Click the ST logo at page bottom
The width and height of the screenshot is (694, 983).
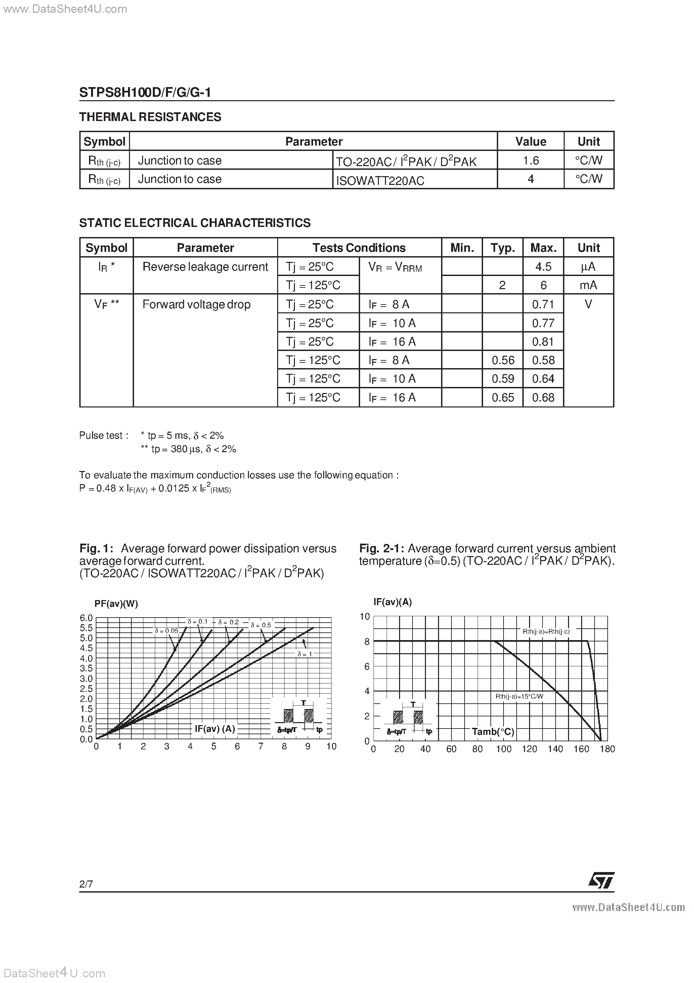pyautogui.click(x=601, y=880)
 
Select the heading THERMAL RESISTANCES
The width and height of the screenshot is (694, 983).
pyautogui.click(x=150, y=117)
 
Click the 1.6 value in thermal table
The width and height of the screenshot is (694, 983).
pyautogui.click(x=530, y=161)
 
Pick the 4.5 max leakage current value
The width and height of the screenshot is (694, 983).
pyautogui.click(x=543, y=267)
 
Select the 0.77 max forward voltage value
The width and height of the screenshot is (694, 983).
pyautogui.click(x=543, y=323)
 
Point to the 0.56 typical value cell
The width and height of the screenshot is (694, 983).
pyautogui.click(x=503, y=360)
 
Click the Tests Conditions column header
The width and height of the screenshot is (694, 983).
pyautogui.click(x=358, y=248)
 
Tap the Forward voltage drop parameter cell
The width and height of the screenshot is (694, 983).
pyautogui.click(x=197, y=304)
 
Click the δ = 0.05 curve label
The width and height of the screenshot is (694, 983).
pyautogui.click(x=166, y=631)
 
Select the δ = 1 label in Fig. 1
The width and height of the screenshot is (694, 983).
pyautogui.click(x=305, y=654)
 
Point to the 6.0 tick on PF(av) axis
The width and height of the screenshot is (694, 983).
pyautogui.click(x=86, y=618)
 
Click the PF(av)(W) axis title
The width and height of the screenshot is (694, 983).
pyautogui.click(x=116, y=604)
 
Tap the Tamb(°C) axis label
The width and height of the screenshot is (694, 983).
pyautogui.click(x=493, y=732)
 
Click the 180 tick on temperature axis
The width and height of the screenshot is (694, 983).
pyautogui.click(x=607, y=749)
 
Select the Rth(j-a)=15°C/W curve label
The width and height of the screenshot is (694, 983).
pyautogui.click(x=519, y=697)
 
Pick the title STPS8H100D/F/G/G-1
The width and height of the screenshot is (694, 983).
pyautogui.click(x=145, y=92)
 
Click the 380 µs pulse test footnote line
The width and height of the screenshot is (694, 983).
pyautogui.click(x=188, y=449)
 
